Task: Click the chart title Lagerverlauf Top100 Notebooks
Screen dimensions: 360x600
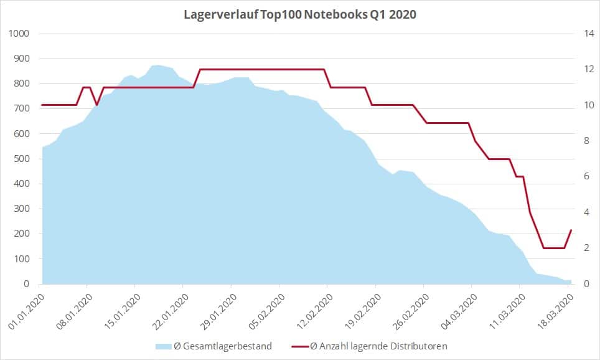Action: [x=299, y=14]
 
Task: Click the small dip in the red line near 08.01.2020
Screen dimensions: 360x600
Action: [x=96, y=105]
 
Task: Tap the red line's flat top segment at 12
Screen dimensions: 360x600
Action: [x=261, y=69]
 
